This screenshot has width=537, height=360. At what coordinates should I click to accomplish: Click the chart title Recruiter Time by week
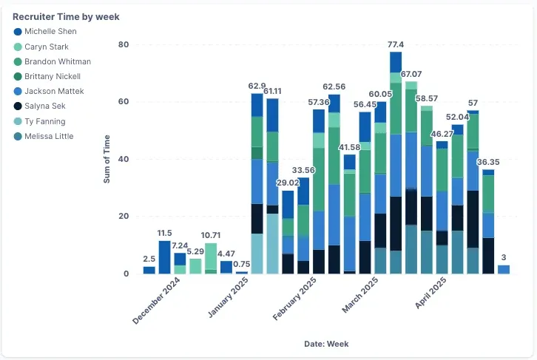pyautogui.click(x=66, y=17)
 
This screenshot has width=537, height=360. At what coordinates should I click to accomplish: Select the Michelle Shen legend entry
pyautogui.click(x=45, y=32)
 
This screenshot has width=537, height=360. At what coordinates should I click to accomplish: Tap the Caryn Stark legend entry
pyautogui.click(x=41, y=47)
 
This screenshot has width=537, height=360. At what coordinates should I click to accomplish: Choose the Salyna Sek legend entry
pyautogui.click(x=39, y=106)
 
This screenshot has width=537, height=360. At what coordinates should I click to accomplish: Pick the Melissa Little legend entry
pyautogui.click(x=44, y=136)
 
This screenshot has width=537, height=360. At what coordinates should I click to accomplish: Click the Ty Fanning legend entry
pyautogui.click(x=39, y=121)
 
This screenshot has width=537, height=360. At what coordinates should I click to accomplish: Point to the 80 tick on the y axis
pyautogui.click(x=124, y=44)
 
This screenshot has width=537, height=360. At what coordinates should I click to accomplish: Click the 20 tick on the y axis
pyautogui.click(x=124, y=217)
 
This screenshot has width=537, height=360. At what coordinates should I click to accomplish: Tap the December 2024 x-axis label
pyautogui.click(x=156, y=300)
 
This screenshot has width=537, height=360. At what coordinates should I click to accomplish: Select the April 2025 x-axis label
pyautogui.click(x=430, y=293)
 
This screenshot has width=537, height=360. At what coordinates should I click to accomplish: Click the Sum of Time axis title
pyautogui.click(x=107, y=159)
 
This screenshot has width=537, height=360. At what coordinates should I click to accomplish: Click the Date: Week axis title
pyautogui.click(x=326, y=344)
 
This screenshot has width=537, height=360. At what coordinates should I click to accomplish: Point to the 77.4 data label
pyautogui.click(x=396, y=44)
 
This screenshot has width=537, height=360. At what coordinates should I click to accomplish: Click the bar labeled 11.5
pyautogui.click(x=164, y=257)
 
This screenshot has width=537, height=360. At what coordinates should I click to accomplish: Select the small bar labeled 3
pyautogui.click(x=504, y=269)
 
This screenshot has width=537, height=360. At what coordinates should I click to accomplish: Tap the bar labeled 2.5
pyautogui.click(x=149, y=270)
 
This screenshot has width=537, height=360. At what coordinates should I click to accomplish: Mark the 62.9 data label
pyautogui.click(x=257, y=86)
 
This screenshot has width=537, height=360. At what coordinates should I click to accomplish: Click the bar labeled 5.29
pyautogui.click(x=195, y=266)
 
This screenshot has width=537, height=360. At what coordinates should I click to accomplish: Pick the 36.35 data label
pyautogui.click(x=488, y=162)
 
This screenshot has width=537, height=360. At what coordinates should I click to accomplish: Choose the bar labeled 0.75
pyautogui.click(x=241, y=273)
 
